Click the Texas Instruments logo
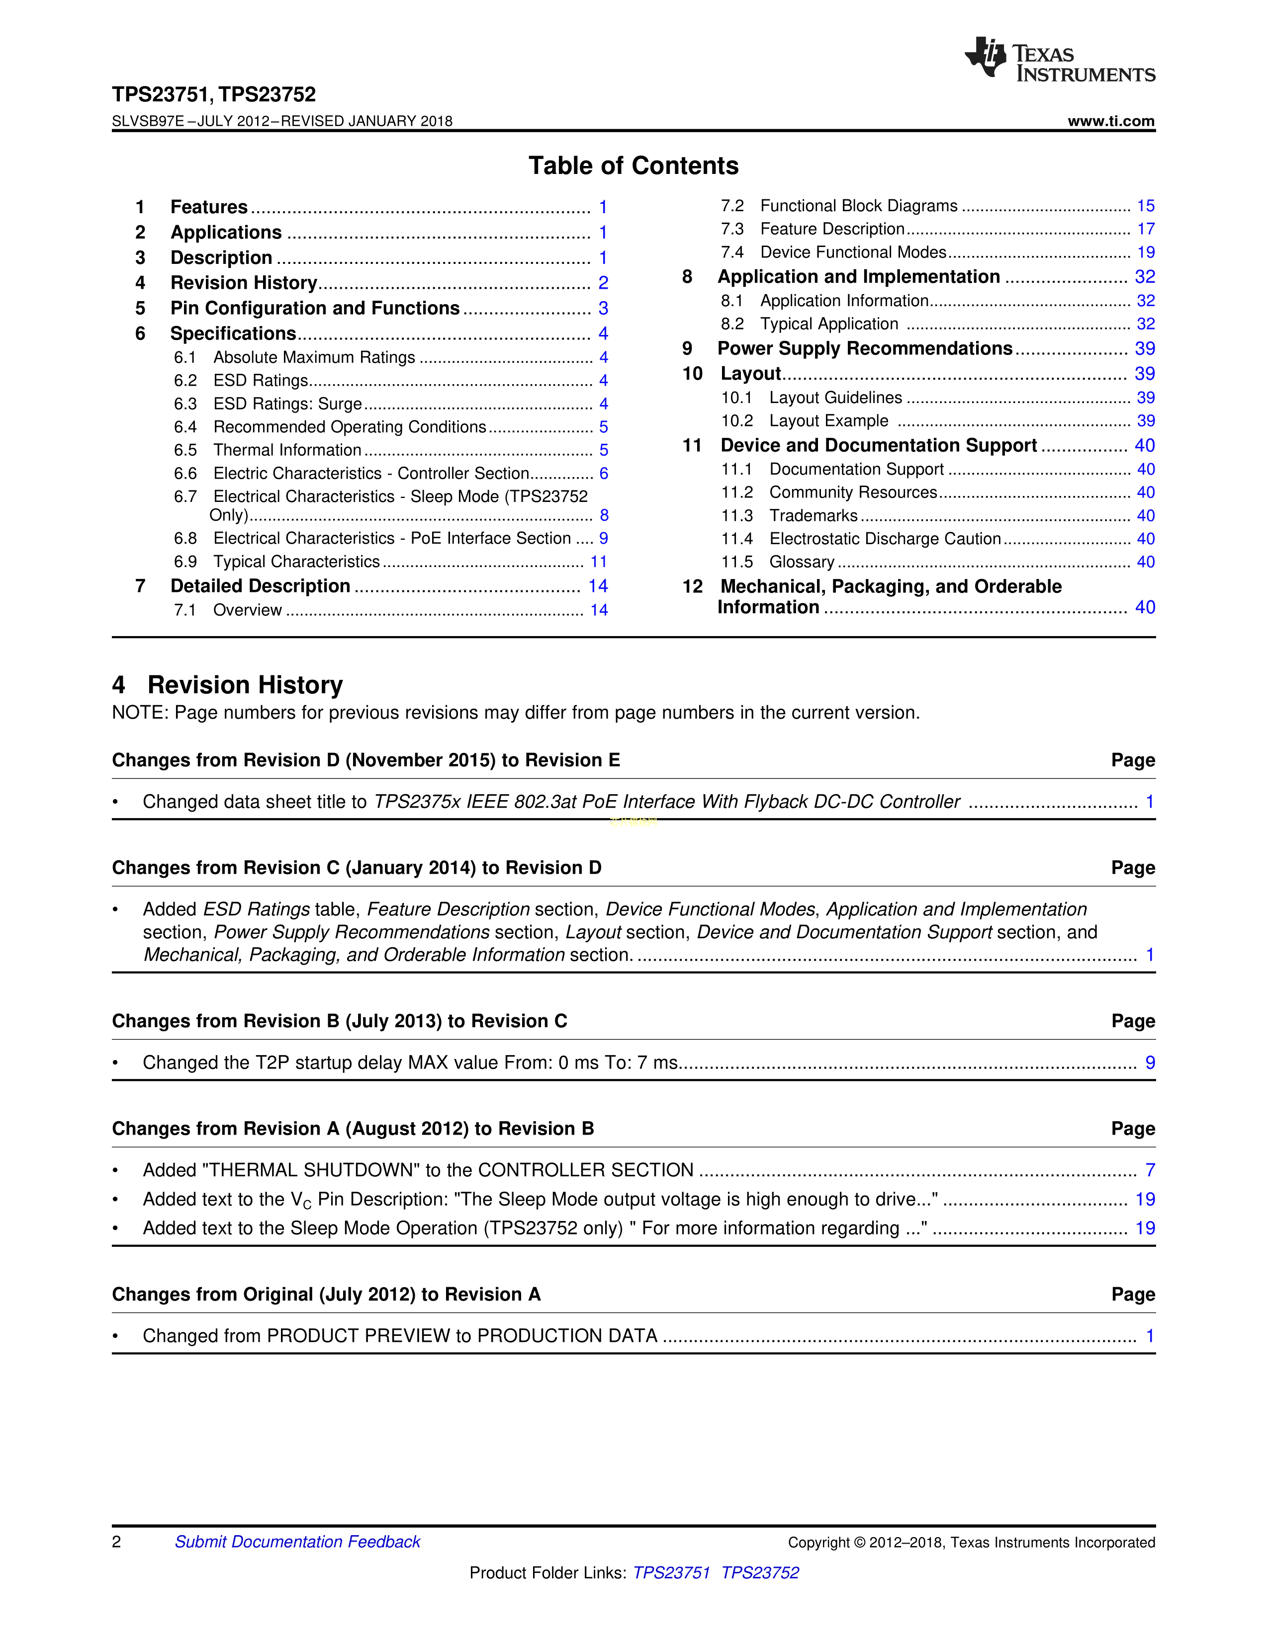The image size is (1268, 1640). pos(1059,59)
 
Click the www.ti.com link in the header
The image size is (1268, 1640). pos(1111,121)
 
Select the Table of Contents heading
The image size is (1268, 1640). pos(633,166)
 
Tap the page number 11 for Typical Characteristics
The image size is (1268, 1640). pos(599,562)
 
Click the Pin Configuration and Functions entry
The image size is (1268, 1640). pos(315,309)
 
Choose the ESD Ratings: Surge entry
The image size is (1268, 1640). pos(288,404)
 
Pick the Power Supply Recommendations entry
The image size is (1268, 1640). pos(865,348)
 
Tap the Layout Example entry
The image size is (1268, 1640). pos(828,421)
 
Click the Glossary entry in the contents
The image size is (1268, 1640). pos(802,563)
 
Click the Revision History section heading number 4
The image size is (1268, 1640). pos(119,685)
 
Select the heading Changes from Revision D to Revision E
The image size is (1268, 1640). pos(366,761)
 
